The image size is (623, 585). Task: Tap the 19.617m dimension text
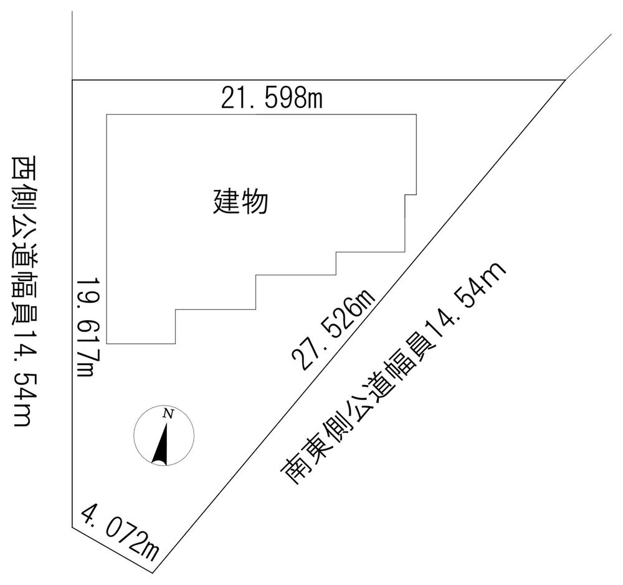pos(87,326)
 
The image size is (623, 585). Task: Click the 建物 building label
pos(240,201)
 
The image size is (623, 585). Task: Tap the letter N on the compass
pos(168,414)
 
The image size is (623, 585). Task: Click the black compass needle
pos(161,444)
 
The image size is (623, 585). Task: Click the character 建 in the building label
pos(227,201)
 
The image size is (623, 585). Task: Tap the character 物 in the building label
pos(255,201)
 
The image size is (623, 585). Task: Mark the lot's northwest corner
pos(72,80)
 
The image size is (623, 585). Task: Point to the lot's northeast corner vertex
pos(565,80)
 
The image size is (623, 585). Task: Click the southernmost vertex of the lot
pos(153,573)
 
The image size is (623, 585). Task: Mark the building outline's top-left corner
pos(107,115)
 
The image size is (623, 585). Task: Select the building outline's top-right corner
pos(416,115)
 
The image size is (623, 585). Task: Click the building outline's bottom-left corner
pos(107,343)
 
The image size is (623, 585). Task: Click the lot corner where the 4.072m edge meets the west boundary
pos(72,528)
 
